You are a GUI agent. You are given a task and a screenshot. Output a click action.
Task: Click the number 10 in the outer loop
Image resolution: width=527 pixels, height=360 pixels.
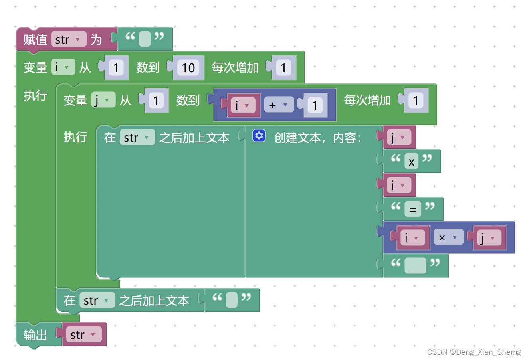(188, 68)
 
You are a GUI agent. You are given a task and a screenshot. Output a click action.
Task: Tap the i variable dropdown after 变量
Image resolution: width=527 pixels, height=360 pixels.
(63, 67)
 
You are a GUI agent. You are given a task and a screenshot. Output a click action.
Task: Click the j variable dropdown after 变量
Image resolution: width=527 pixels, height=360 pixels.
(103, 100)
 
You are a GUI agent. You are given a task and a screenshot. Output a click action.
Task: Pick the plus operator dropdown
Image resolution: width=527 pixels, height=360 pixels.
(279, 105)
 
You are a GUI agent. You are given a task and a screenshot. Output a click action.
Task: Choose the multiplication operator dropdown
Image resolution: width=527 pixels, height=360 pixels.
(448, 237)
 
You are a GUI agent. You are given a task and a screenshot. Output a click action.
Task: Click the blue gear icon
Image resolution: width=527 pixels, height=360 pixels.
(259, 136)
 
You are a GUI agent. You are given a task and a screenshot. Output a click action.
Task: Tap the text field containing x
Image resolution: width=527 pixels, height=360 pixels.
(411, 162)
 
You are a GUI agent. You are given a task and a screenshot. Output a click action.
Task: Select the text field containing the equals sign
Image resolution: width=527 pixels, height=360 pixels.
(413, 209)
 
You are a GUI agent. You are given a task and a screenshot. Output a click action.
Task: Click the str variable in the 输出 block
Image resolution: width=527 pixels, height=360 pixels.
(83, 334)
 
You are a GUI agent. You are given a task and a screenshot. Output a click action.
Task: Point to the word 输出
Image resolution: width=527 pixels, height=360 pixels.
(35, 335)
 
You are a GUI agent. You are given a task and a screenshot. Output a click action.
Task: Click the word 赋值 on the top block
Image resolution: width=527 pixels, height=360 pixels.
(35, 40)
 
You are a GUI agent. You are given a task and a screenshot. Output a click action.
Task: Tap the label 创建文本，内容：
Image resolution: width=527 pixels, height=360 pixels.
(317, 138)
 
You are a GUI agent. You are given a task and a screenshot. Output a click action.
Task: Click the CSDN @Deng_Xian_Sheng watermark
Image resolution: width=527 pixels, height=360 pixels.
(474, 352)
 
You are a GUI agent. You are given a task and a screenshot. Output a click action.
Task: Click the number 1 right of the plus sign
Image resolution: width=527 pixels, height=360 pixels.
(315, 105)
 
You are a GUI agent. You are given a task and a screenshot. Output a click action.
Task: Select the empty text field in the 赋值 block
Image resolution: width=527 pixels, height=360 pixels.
(145, 39)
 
